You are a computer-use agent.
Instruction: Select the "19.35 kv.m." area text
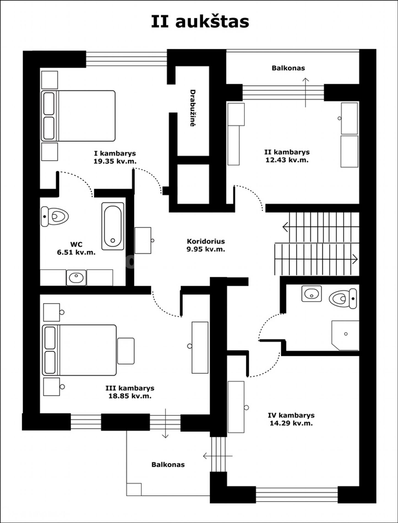115,161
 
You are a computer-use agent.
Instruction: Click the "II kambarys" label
287,152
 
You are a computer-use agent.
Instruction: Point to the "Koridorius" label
206,241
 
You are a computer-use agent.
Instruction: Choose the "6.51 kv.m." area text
76,252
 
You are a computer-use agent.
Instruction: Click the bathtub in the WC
113,226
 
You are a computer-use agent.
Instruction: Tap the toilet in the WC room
54,216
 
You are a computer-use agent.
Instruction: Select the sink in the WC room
76,277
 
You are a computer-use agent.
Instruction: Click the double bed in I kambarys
78,116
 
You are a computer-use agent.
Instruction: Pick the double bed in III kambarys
79,350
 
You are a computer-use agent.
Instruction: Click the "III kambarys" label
130,388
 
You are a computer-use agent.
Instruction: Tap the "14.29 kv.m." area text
291,423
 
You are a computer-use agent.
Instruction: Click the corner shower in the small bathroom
345,336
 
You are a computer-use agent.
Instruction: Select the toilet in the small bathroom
343,298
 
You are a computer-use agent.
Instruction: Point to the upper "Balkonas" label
288,68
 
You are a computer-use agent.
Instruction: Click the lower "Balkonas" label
168,465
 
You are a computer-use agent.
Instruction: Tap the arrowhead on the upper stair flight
285,227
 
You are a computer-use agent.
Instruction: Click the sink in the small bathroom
312,294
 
